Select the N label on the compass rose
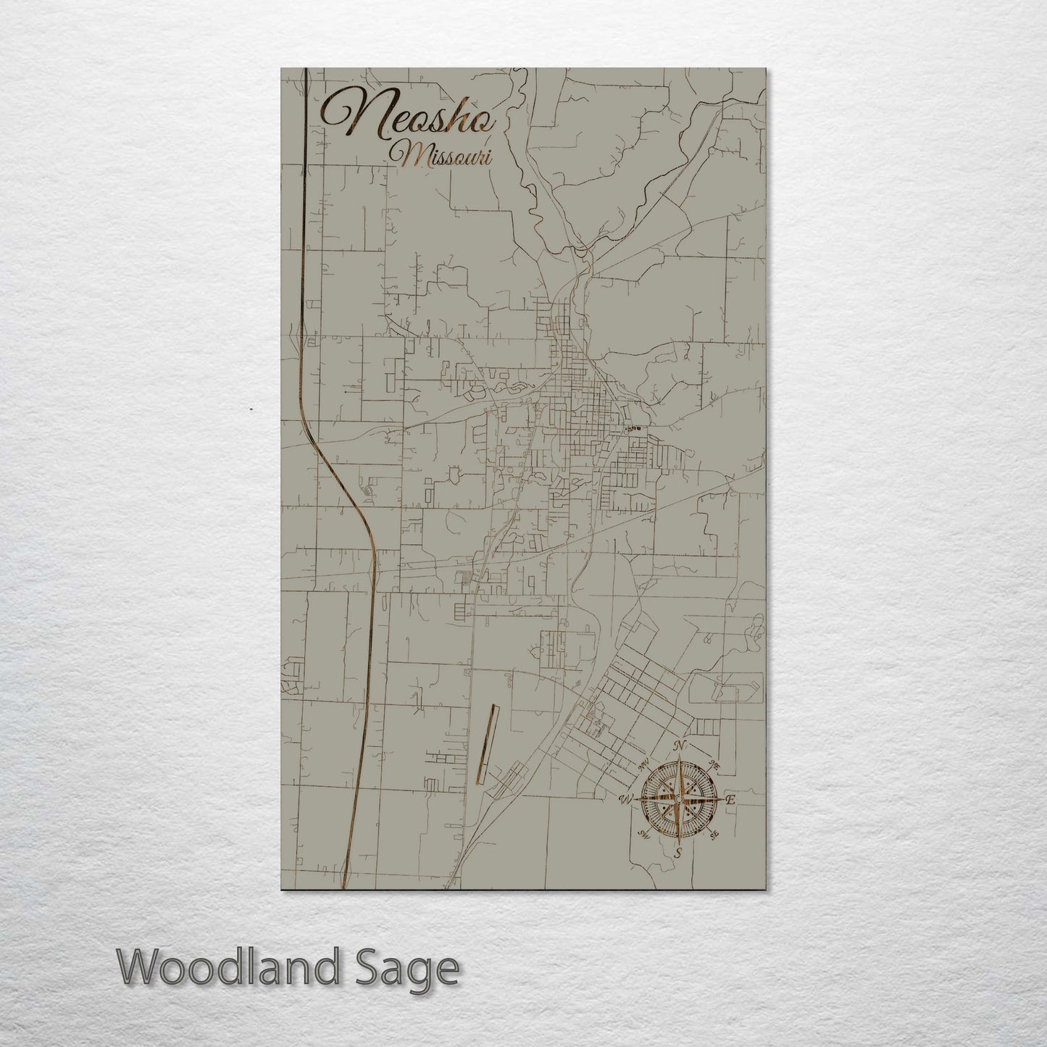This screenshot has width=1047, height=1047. [x=679, y=747]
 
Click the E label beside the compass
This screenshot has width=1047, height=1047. [x=730, y=800]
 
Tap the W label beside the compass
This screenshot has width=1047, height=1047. [x=625, y=800]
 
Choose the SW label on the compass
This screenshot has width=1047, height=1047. [x=642, y=835]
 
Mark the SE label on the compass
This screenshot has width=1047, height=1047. [x=714, y=835]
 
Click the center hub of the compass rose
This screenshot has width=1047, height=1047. [x=678, y=799]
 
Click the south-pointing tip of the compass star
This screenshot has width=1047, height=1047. [x=678, y=841]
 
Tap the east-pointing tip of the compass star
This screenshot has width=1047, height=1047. [x=719, y=800]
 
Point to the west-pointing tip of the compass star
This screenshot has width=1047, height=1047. [x=636, y=800]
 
